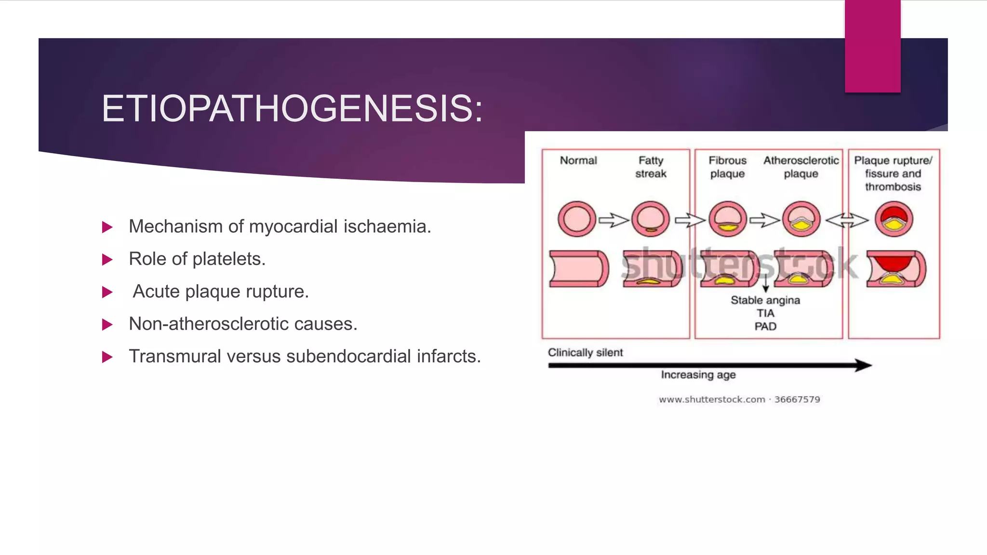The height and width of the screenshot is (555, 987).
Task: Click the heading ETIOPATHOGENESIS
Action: (x=292, y=109)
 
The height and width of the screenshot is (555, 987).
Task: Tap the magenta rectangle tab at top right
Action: (x=872, y=46)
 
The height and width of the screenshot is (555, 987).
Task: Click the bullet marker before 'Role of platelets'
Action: (x=107, y=260)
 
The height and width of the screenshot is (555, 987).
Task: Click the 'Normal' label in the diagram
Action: (x=578, y=160)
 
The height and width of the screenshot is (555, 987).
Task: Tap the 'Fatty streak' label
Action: (x=651, y=167)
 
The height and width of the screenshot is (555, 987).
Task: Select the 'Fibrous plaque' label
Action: (x=727, y=167)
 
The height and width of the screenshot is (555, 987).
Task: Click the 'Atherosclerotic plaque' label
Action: (x=801, y=167)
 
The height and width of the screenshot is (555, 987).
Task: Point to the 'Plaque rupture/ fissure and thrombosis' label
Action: (x=893, y=173)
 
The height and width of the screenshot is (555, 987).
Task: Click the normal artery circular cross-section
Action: (x=577, y=219)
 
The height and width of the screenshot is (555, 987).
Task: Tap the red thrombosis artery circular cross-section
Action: (x=894, y=219)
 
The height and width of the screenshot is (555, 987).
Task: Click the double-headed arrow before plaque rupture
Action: (x=847, y=220)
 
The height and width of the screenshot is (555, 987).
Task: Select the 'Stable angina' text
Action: (x=765, y=300)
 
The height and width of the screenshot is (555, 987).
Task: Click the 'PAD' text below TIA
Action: (x=765, y=327)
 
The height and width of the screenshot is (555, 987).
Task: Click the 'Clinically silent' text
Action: (x=585, y=353)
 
